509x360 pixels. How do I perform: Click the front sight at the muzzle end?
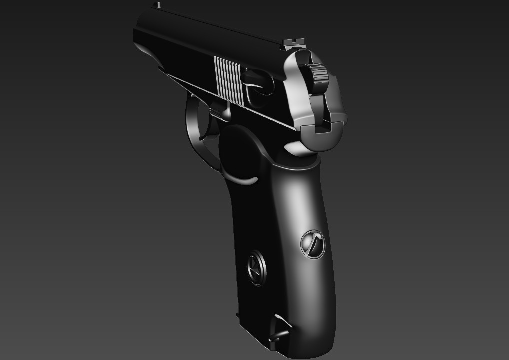tap(158, 5)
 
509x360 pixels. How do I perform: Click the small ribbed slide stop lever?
tap(216, 113)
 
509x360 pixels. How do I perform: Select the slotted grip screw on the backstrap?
tap(313, 244)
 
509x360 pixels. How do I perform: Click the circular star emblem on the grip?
tap(257, 268)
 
